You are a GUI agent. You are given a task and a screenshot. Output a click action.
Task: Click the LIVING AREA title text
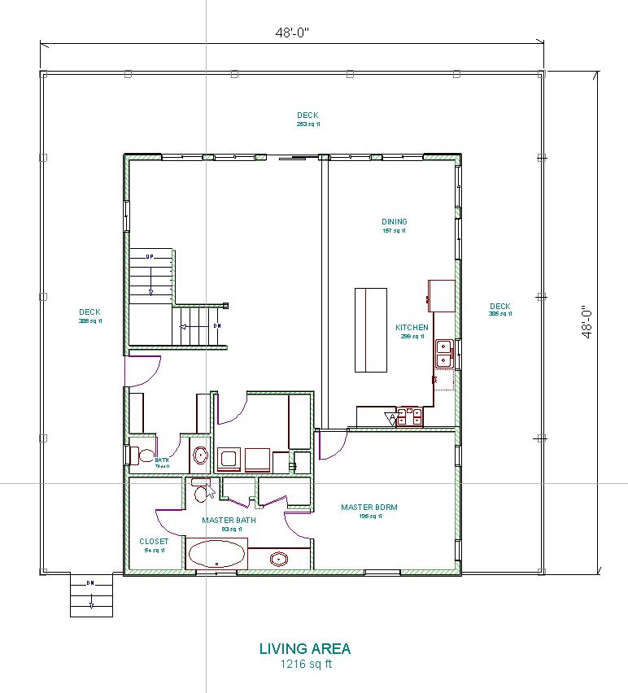point(305,649)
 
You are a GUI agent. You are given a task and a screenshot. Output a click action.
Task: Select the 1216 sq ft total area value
point(305,664)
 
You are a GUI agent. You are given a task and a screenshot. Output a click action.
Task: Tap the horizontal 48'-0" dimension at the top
point(292,33)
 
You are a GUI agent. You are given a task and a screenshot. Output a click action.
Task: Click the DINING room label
point(395,222)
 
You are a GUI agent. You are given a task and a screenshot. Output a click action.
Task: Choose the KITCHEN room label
point(412,328)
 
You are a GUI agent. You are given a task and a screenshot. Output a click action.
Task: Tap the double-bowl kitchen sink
point(444,352)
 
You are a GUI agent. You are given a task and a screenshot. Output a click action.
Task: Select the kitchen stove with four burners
point(410,416)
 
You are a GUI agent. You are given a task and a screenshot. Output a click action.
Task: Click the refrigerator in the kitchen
point(442,295)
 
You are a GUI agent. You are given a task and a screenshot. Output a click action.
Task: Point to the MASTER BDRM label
point(369,508)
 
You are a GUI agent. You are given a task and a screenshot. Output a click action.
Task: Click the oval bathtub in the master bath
point(217,556)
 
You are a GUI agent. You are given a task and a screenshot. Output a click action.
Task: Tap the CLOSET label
point(154,542)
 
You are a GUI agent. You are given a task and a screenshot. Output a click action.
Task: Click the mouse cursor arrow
point(211,491)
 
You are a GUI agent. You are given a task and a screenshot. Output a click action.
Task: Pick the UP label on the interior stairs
point(150,257)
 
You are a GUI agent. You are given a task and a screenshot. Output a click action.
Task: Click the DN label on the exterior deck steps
point(91,583)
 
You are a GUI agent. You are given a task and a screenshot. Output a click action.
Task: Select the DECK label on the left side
point(89,312)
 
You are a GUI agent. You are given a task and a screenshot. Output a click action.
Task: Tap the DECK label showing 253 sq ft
point(307,115)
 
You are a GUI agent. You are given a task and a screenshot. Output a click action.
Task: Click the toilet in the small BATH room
point(145,455)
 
